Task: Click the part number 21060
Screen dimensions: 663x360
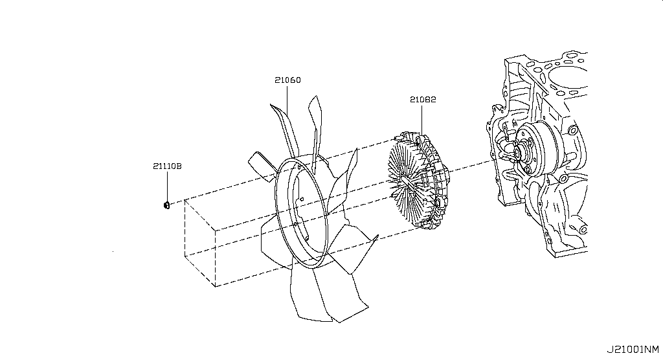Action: pos(287,80)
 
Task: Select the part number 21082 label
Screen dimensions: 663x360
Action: pos(422,100)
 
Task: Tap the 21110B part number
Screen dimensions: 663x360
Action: pos(168,166)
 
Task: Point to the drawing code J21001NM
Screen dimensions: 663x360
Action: pos(633,350)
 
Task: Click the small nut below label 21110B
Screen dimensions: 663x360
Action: pos(166,205)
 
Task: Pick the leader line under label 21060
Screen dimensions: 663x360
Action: pos(287,100)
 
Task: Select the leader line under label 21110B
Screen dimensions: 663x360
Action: pos(168,186)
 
